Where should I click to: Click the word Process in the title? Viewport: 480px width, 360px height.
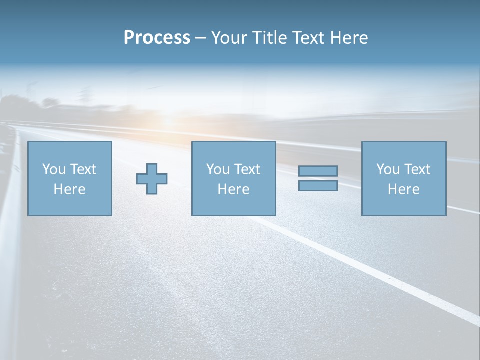[x=157, y=38]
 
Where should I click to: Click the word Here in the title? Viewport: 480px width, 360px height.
[x=349, y=38]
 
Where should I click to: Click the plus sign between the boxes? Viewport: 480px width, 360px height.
[x=152, y=178]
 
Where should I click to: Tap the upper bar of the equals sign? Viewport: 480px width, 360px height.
[x=318, y=171]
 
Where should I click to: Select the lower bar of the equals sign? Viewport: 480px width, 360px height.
[x=318, y=185]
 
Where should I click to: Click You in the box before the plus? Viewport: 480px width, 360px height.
[x=54, y=169]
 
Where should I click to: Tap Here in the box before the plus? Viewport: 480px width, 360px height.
[x=69, y=189]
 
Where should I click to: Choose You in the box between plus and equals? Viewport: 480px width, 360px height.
[x=218, y=169]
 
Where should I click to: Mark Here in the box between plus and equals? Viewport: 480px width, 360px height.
[x=233, y=189]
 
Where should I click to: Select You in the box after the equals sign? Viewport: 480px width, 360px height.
[x=388, y=169]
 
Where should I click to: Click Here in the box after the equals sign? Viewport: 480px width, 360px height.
[x=403, y=189]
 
